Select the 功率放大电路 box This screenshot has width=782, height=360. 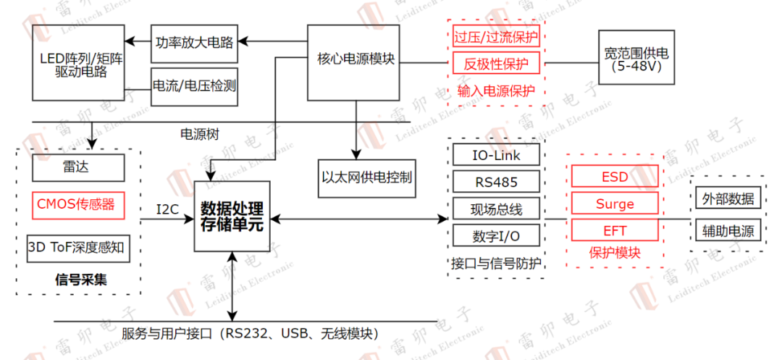194,41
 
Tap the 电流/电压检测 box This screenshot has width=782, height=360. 194,85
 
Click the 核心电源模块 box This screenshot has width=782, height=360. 355,62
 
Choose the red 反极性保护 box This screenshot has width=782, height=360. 496,63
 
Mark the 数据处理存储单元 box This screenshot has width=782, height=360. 232,217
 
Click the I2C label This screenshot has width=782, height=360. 168,210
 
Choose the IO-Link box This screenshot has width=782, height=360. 496,155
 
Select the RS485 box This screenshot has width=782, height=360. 496,181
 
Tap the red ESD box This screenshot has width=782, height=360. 615,177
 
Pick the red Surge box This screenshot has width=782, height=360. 615,204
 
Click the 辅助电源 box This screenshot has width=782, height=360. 727,232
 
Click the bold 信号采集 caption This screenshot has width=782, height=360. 80,279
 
